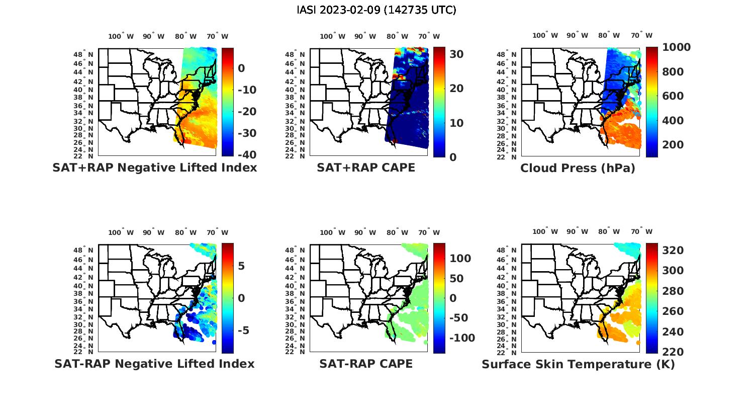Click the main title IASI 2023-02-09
376,10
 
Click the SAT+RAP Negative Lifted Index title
154,168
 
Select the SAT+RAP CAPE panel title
366,168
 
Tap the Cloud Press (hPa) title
578,168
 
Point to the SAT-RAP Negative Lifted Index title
154,364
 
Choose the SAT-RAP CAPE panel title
366,364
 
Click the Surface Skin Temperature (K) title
578,364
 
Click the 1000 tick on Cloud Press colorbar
676,47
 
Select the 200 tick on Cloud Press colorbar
673,145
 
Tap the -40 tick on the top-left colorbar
246,155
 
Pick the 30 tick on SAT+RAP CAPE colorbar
456,54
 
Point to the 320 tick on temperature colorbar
673,251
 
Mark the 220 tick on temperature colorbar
673,352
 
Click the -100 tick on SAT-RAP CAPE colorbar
461,338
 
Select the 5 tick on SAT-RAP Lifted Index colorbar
241,266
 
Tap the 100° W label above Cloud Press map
545,36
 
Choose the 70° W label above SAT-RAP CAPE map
429,232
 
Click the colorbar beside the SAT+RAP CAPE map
439,102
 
